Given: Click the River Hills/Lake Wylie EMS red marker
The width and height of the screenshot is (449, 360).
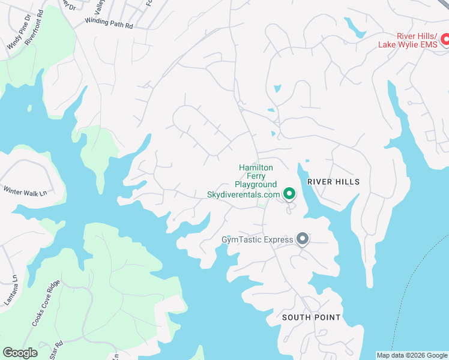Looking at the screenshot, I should tap(445, 40).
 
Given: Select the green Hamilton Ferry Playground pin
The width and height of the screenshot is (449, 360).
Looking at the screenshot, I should tap(289, 193).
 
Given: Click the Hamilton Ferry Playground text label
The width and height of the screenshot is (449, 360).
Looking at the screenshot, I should tap(256, 176).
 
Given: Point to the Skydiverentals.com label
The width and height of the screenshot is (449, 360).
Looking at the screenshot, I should tap(243, 194).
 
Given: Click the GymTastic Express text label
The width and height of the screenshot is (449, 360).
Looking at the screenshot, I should tap(257, 240).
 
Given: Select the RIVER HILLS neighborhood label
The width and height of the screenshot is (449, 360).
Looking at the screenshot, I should tap(333, 182).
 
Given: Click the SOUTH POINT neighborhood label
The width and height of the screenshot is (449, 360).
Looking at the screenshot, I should tap(311, 317).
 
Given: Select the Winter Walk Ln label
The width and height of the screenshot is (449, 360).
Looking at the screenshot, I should tap(25, 191).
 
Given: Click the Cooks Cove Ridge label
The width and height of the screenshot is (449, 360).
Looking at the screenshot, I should tap(46, 303).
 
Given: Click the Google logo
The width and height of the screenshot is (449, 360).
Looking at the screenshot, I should tap(20, 353).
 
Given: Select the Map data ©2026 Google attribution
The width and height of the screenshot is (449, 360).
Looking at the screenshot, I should tap(411, 355).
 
